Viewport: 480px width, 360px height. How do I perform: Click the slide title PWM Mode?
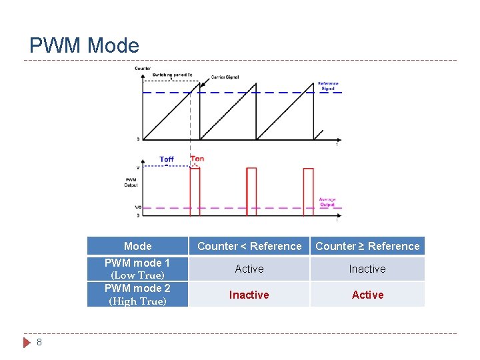point(85,45)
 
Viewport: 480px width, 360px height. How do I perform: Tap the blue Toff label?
point(167,159)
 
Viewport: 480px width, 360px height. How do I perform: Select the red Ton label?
point(197,159)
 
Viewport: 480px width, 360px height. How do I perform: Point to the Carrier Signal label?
point(225,77)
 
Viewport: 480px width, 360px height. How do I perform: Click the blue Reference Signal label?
point(327,86)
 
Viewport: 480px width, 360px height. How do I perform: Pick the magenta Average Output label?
point(327,201)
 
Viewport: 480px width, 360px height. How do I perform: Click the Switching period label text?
point(172,75)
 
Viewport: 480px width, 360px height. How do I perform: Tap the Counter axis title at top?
point(143,68)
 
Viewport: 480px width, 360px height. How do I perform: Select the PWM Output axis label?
point(131,182)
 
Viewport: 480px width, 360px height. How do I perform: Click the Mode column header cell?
point(137,246)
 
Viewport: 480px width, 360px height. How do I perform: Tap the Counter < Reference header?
point(249,246)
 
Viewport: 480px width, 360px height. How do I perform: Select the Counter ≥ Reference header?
point(367,246)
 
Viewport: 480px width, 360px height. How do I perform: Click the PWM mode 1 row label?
point(137,269)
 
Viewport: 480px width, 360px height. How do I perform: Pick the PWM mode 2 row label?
point(137,294)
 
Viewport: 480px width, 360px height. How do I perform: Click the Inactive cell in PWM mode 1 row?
point(367,269)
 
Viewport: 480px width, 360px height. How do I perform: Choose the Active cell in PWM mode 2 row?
point(367,295)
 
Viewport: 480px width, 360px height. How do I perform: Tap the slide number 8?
point(39,342)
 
